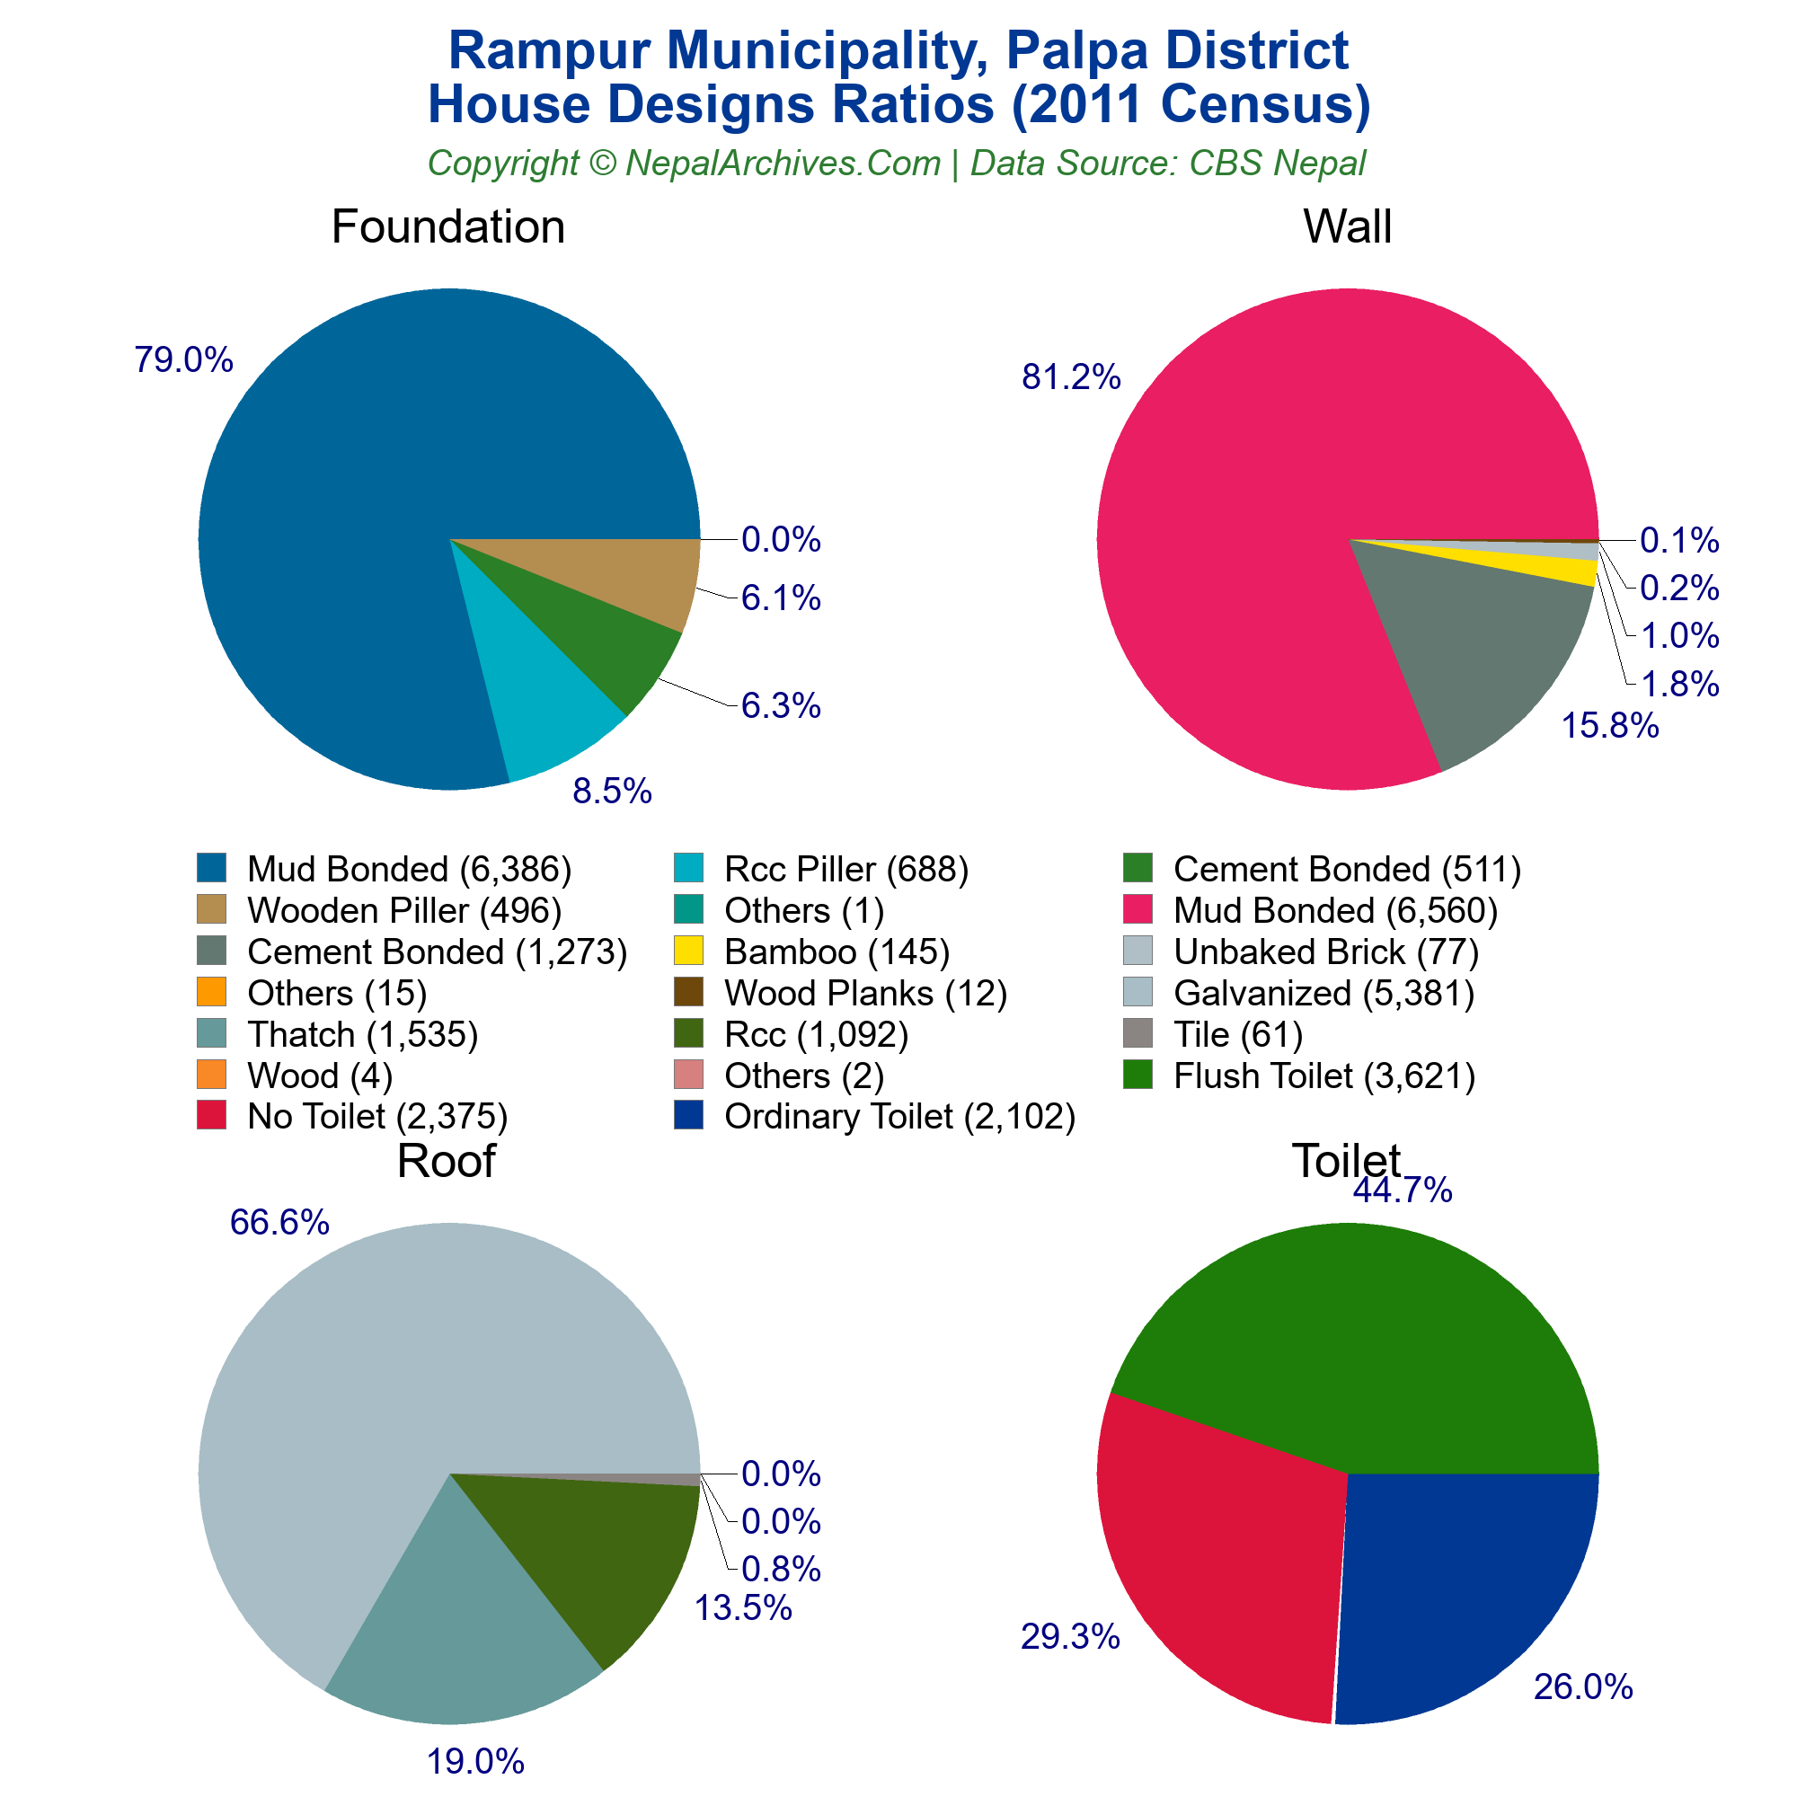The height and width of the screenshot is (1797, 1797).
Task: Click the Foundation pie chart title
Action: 447,227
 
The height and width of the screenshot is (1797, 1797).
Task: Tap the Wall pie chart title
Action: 1347,227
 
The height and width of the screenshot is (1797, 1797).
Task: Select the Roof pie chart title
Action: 446,1161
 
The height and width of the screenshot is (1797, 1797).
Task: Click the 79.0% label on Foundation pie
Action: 183,360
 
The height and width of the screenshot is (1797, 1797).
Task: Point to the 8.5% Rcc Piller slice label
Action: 612,792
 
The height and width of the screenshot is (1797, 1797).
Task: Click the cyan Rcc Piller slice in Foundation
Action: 549,716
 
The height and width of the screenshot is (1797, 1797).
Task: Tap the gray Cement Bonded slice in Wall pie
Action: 1470,651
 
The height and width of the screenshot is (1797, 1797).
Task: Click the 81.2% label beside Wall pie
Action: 1071,377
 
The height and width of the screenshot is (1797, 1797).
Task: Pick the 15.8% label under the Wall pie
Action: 1609,726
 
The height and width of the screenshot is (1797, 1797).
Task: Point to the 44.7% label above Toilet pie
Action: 1402,1191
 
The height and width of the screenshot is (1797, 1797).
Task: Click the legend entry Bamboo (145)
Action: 837,952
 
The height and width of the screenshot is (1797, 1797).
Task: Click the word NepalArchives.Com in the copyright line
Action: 783,164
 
